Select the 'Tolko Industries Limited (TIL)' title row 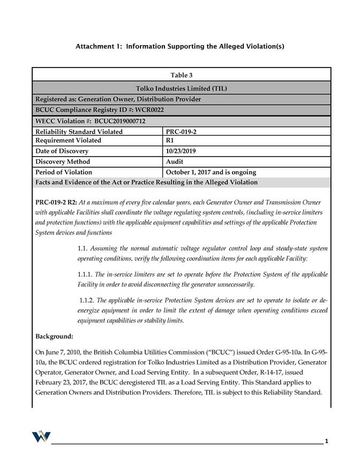coord(181,88)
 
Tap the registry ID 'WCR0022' coord(147,110)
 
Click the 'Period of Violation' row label coord(64,172)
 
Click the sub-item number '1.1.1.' coord(87,275)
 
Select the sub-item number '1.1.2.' coord(88,300)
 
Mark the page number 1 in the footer coord(326,441)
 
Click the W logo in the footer coord(41,437)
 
